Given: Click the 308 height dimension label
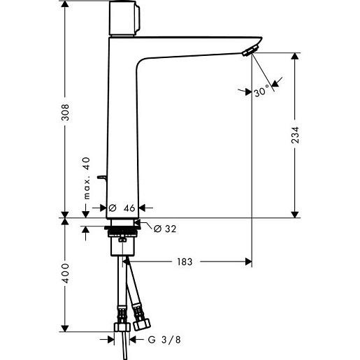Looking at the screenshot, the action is point(65,113).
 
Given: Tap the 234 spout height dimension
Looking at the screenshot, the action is point(295,135).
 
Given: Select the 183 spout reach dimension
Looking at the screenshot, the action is point(185,261).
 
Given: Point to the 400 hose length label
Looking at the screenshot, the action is point(65,273).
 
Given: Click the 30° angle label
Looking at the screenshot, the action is point(261,91).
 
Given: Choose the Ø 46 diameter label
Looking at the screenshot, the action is point(122,208).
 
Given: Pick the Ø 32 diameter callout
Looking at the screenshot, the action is point(165,229).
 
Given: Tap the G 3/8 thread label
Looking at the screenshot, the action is point(164,340).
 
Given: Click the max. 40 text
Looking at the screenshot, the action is point(87,178).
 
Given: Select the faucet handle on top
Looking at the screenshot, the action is point(124,18).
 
